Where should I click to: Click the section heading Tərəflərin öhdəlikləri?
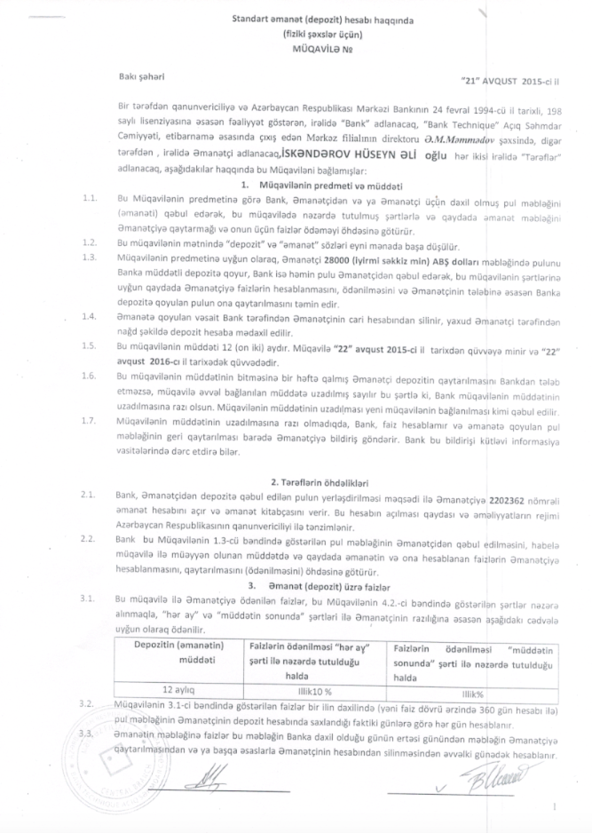(x=322, y=479)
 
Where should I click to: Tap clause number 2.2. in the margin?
(x=87, y=538)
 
